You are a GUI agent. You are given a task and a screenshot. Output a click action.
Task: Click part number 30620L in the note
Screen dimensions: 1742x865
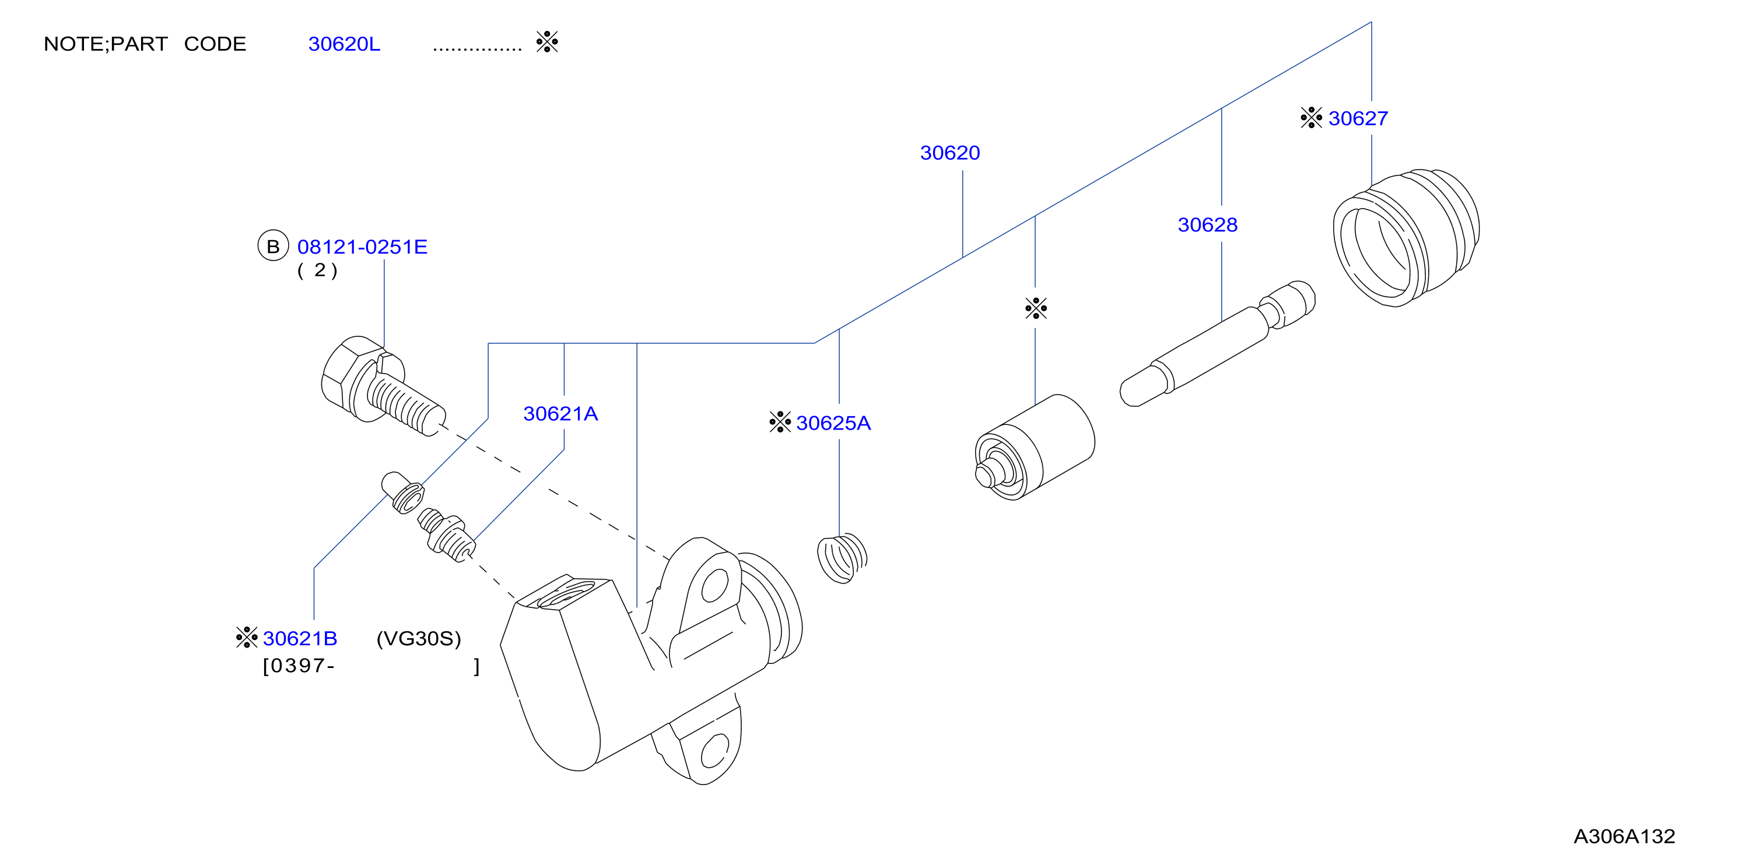(x=344, y=44)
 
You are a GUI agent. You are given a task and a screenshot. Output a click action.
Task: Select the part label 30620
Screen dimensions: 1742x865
(x=949, y=153)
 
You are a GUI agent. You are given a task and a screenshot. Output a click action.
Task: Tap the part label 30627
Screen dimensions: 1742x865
(x=1358, y=118)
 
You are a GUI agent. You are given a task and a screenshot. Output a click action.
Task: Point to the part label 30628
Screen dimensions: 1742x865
(x=1207, y=225)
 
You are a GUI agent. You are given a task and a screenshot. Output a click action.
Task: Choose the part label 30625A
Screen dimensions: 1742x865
(x=833, y=423)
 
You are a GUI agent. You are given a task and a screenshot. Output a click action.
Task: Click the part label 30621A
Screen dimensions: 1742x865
(x=560, y=414)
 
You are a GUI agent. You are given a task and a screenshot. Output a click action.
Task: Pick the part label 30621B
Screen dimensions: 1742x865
(x=300, y=639)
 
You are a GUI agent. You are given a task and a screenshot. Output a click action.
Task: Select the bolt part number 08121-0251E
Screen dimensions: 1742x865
(x=363, y=247)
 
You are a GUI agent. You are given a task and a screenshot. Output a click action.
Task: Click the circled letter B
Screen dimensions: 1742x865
(x=273, y=246)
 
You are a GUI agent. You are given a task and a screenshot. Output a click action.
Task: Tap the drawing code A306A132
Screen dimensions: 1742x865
(x=1624, y=836)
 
